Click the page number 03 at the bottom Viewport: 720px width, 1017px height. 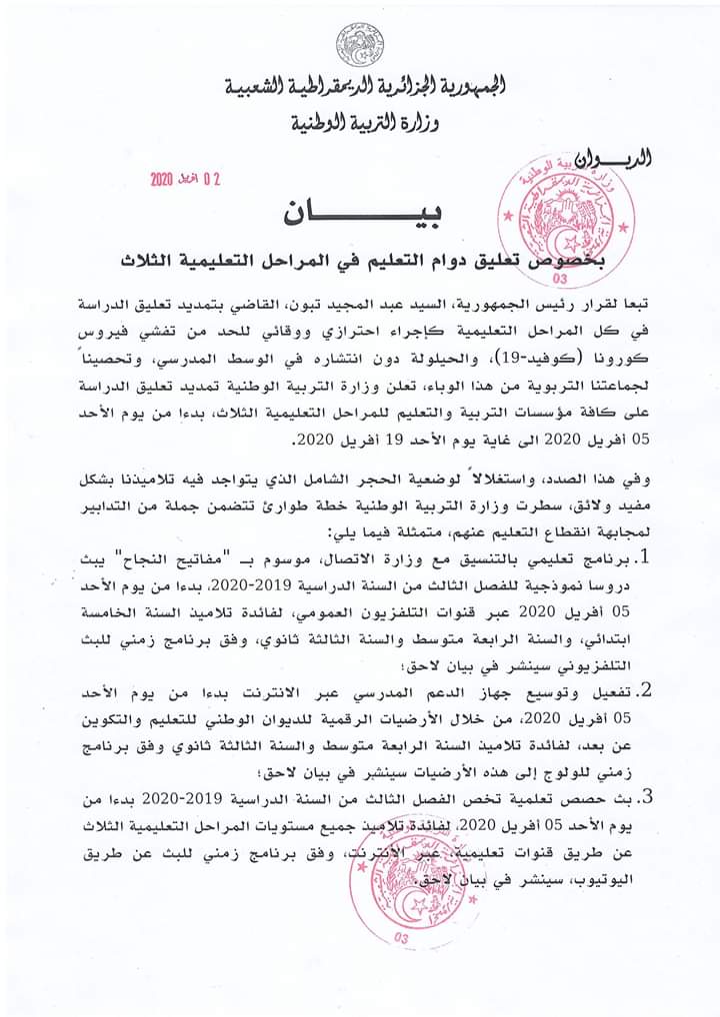(402, 938)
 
